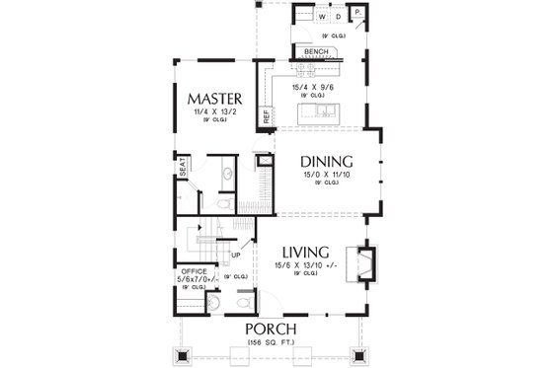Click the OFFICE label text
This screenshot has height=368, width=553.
(191, 269)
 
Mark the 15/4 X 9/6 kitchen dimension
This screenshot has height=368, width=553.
(317, 86)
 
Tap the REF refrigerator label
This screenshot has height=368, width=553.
(266, 116)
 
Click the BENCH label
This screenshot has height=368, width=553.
(316, 51)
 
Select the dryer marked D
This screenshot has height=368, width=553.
(338, 17)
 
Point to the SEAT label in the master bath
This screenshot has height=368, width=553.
(183, 167)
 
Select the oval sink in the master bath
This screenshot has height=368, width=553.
(225, 172)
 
